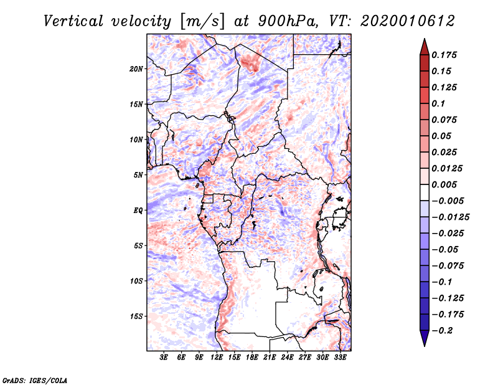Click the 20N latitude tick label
click(x=137, y=69)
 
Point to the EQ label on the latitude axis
click(x=139, y=211)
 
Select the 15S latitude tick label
click(x=137, y=316)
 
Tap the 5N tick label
click(x=139, y=175)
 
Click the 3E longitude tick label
click(x=164, y=358)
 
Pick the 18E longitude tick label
click(x=253, y=358)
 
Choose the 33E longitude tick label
click(x=341, y=358)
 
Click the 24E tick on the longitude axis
click(x=288, y=358)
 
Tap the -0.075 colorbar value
click(x=449, y=265)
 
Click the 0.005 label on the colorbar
click(x=445, y=184)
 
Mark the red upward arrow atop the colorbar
click(x=424, y=45)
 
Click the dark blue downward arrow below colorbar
click(x=424, y=339)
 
